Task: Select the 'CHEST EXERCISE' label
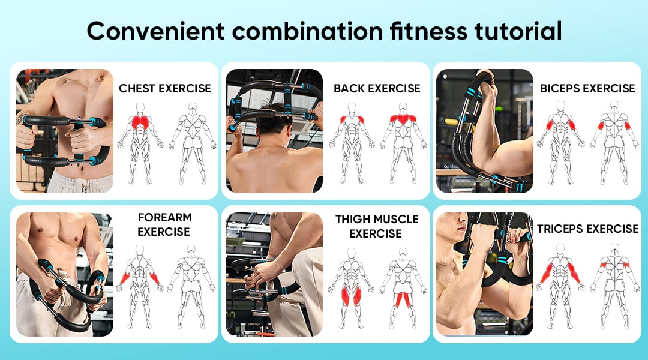(165, 88)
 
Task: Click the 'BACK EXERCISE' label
(377, 88)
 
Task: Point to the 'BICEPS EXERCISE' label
(587, 88)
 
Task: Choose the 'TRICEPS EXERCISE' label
(587, 229)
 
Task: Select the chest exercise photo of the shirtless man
(65, 131)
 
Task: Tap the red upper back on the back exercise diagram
(403, 119)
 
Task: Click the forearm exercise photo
(65, 274)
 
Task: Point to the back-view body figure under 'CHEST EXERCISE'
(193, 142)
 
